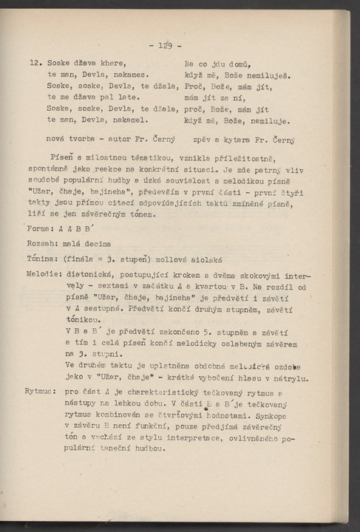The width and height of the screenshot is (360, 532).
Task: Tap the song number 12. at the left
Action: pos(36,64)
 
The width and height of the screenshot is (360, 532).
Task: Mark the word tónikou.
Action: pos(83,320)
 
